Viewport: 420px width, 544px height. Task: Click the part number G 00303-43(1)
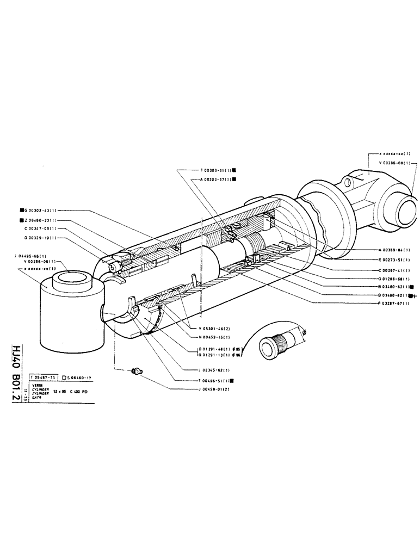[x=40, y=210]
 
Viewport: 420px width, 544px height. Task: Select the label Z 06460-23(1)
[x=40, y=220]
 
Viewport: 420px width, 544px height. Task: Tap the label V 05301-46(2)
[x=214, y=328]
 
